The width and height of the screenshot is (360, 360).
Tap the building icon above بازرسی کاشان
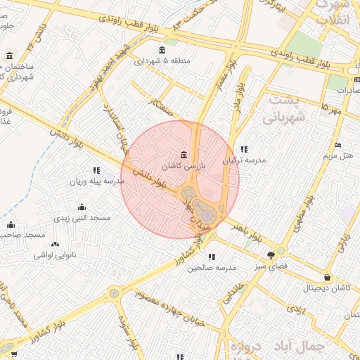(x=184, y=155)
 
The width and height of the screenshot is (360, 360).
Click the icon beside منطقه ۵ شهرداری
(x=163, y=49)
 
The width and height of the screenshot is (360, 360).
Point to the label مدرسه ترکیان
(x=244, y=160)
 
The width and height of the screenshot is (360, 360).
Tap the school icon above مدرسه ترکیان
(x=244, y=149)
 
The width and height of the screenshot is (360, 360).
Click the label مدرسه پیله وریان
(x=96, y=181)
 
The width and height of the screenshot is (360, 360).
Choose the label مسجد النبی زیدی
(x=83, y=218)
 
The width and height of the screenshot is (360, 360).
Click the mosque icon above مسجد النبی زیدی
(x=82, y=207)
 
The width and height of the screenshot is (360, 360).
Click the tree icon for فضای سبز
(x=271, y=256)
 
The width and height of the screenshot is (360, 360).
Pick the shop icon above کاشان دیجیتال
(x=328, y=277)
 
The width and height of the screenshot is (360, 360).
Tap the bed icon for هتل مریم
(x=337, y=145)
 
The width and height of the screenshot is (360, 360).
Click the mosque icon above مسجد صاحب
(x=10, y=224)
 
